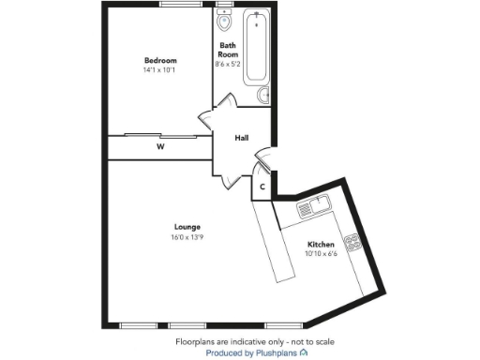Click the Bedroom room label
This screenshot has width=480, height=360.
pyautogui.click(x=159, y=60)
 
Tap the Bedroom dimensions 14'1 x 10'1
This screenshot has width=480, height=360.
pyautogui.click(x=159, y=70)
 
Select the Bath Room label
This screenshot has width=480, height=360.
pyautogui.click(x=228, y=50)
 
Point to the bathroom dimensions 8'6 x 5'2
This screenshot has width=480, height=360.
pyautogui.click(x=228, y=65)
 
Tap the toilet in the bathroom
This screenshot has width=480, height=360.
pyautogui.click(x=224, y=22)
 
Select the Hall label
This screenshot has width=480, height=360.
pyautogui.click(x=242, y=138)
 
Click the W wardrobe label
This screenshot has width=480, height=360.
pyautogui.click(x=160, y=147)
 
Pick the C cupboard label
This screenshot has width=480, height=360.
pyautogui.click(x=262, y=187)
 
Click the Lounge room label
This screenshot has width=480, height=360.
pyautogui.click(x=185, y=226)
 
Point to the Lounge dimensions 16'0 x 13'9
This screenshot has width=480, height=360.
pyautogui.click(x=185, y=237)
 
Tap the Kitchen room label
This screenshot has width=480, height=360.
pyautogui.click(x=321, y=245)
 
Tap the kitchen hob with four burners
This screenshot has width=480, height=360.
pyautogui.click(x=354, y=245)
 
